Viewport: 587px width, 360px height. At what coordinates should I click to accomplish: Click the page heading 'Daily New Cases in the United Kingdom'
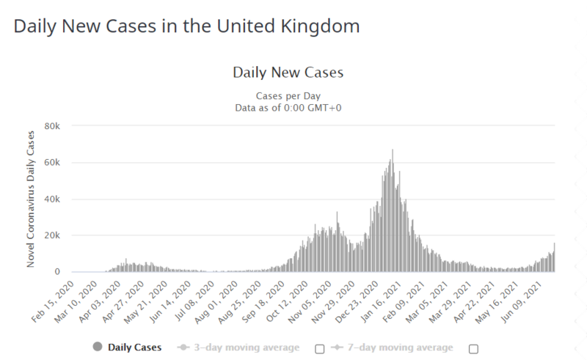click(x=186, y=26)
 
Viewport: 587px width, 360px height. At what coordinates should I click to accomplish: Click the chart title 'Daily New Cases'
click(x=288, y=73)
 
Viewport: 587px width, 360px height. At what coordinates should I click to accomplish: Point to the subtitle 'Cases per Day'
click(x=288, y=96)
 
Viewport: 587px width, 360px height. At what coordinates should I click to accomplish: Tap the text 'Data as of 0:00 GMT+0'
click(x=288, y=109)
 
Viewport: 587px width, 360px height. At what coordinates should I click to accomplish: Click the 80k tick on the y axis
click(x=52, y=127)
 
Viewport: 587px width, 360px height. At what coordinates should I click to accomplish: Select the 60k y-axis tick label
click(x=52, y=163)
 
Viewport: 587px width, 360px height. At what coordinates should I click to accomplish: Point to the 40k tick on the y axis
click(x=52, y=199)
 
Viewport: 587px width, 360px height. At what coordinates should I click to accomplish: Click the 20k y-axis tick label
click(x=52, y=235)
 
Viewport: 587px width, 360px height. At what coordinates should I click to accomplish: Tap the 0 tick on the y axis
click(x=57, y=272)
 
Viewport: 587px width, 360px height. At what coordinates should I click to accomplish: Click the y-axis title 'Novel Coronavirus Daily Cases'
click(x=30, y=199)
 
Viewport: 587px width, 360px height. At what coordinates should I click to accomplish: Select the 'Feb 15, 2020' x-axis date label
click(x=52, y=302)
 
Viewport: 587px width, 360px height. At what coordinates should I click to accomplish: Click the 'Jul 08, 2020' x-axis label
click(x=194, y=302)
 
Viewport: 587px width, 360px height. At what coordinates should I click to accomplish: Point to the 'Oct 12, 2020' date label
click(x=286, y=302)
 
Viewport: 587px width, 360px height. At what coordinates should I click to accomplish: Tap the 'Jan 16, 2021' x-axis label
click(x=380, y=302)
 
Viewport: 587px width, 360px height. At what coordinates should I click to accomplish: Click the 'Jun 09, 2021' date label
click(x=521, y=302)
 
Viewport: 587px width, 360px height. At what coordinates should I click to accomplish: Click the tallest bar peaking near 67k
click(x=393, y=210)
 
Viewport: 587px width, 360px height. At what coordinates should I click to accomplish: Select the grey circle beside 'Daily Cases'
click(x=98, y=347)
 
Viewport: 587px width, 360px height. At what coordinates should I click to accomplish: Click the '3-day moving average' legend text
click(x=247, y=348)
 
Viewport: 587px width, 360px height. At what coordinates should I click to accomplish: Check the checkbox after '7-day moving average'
click(x=473, y=349)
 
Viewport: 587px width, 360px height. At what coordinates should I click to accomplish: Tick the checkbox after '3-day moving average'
click(x=320, y=349)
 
